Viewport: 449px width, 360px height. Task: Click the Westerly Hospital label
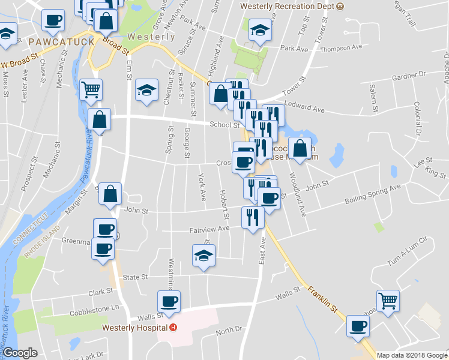(134, 328)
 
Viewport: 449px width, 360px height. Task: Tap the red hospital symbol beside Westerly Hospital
(173, 328)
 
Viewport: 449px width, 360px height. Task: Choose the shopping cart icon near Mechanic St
(91, 89)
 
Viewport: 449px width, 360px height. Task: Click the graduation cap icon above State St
(204, 256)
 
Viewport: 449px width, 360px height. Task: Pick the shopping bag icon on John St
(110, 194)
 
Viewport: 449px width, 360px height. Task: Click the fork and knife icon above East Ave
(253, 217)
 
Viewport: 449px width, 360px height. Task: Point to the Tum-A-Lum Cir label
(409, 250)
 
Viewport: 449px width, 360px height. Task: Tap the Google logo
(20, 353)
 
